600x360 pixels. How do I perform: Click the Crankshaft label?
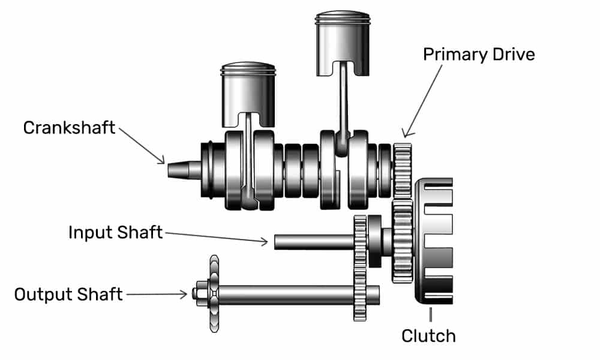point(69,128)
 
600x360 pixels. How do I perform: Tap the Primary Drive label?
point(478,54)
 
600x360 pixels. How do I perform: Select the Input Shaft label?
point(115,232)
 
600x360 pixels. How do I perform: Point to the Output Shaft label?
point(68,295)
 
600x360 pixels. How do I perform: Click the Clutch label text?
point(428,335)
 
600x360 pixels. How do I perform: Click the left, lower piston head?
point(248,90)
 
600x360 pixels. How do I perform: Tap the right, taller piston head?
point(343,36)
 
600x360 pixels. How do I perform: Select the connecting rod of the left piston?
point(247,156)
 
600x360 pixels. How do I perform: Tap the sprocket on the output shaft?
point(214,294)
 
